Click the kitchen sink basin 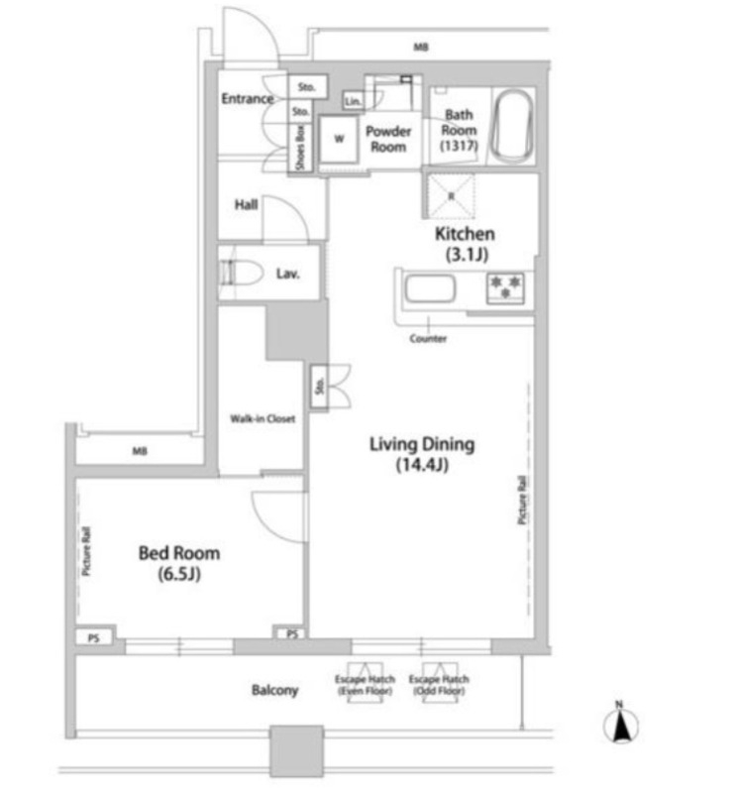click(x=429, y=291)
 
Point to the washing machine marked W click(x=339, y=139)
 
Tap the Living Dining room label click(x=422, y=455)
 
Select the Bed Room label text click(x=179, y=562)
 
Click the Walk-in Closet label click(x=263, y=419)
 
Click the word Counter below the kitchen click(x=428, y=339)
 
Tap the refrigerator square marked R click(x=451, y=194)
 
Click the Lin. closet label click(x=352, y=101)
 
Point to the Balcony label click(x=274, y=690)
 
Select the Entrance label click(x=247, y=99)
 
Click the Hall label click(x=246, y=204)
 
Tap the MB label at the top click(x=421, y=48)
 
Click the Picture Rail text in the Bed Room click(x=87, y=554)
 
